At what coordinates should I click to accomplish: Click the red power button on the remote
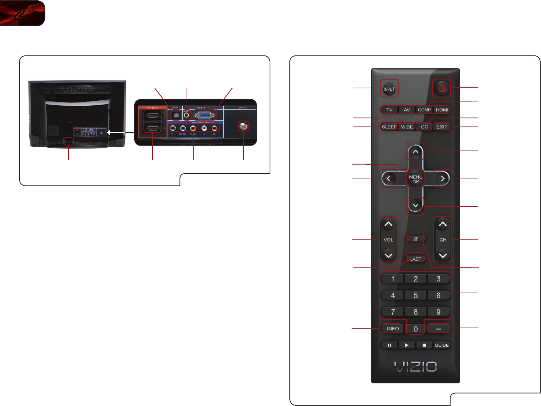point(442,88)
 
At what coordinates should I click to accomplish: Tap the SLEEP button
point(389,127)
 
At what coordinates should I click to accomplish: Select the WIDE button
point(407,127)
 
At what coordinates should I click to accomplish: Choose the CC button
point(424,127)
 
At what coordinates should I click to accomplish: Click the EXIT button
point(442,127)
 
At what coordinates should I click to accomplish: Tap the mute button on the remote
point(416,239)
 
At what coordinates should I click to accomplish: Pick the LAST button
point(416,259)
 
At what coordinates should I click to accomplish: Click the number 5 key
point(416,295)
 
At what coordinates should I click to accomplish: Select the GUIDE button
point(442,345)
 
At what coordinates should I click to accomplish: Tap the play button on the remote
point(407,345)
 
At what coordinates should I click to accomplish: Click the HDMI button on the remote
point(442,110)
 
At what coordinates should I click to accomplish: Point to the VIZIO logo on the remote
point(416,367)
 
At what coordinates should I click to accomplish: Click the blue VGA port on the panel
point(204,115)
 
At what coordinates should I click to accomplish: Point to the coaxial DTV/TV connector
point(243,126)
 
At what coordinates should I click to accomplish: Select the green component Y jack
point(173,128)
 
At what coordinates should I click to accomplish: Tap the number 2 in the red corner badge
point(20,13)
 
